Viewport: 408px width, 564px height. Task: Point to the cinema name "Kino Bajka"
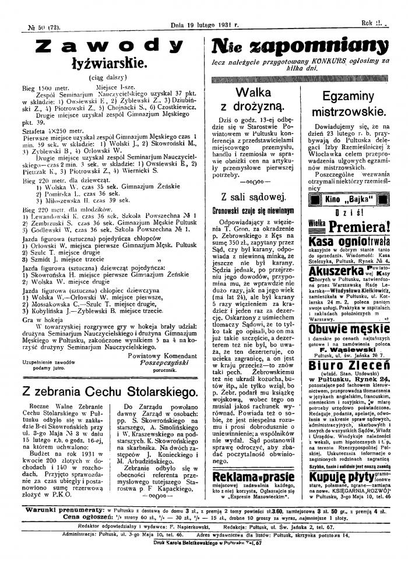click(349, 200)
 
